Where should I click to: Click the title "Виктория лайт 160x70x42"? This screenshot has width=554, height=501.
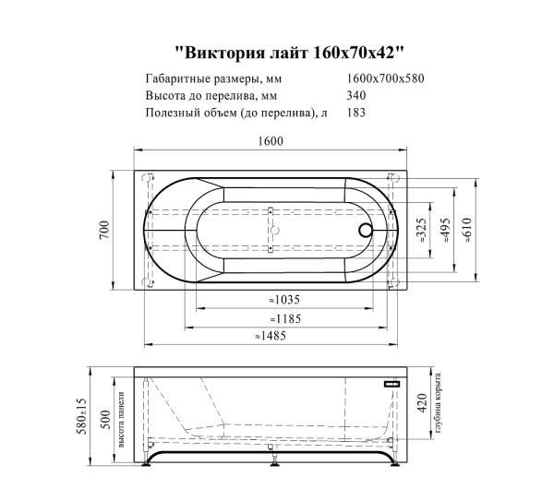(x=289, y=53)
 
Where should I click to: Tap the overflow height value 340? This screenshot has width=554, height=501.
(x=355, y=95)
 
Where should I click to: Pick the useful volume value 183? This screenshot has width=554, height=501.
(x=355, y=113)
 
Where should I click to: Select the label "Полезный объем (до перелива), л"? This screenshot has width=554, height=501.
(x=236, y=113)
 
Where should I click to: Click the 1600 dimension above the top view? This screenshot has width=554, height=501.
(x=270, y=140)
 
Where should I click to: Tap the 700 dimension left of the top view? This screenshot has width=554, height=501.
(x=105, y=230)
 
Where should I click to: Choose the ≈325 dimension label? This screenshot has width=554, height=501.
(x=421, y=230)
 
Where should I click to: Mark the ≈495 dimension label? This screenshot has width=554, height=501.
(x=445, y=230)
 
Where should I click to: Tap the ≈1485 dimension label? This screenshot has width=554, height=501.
(x=270, y=337)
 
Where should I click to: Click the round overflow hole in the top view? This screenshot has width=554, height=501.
(x=366, y=232)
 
